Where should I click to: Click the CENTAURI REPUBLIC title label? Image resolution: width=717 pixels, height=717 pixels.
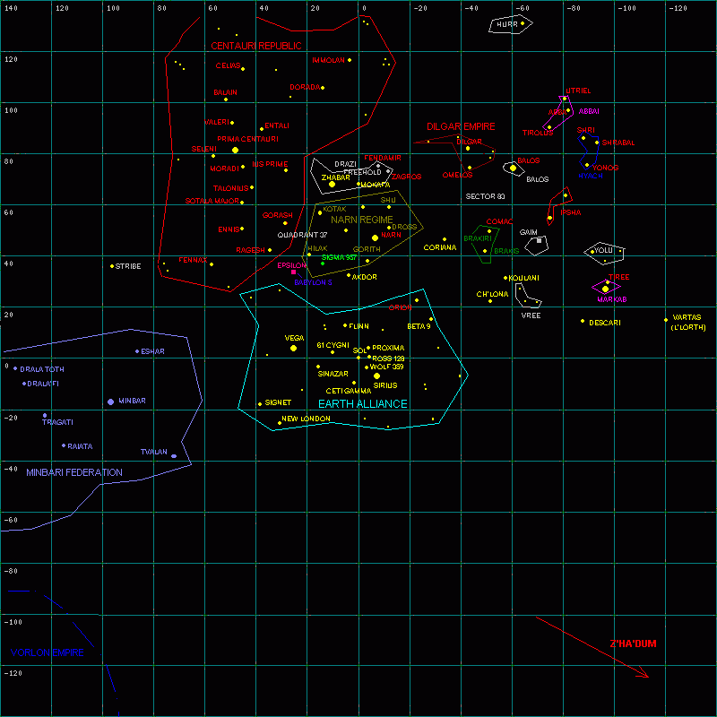(x=255, y=46)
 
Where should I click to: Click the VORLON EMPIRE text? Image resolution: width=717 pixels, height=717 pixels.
(x=48, y=652)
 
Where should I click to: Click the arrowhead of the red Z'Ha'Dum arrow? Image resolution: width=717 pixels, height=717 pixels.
(x=645, y=675)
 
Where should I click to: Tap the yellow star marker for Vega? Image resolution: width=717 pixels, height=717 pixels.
(x=294, y=348)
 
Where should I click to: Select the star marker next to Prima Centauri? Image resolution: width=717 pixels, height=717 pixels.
(x=236, y=150)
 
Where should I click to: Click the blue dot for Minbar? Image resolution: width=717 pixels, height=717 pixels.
(x=111, y=402)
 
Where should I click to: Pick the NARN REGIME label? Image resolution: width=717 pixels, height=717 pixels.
(x=362, y=220)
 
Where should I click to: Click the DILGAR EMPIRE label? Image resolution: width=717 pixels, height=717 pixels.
(x=461, y=127)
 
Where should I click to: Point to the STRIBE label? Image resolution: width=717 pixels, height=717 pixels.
(x=128, y=266)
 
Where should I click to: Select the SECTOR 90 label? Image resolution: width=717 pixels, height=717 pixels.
(x=485, y=196)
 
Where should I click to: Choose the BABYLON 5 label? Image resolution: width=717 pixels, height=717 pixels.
(x=313, y=282)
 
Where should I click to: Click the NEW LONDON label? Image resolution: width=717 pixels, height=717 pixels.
(x=306, y=419)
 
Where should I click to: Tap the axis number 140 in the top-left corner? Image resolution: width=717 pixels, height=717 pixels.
(x=12, y=8)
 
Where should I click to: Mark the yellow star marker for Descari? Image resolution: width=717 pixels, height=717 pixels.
(x=583, y=321)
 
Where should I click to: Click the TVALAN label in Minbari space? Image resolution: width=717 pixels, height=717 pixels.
(x=153, y=452)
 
